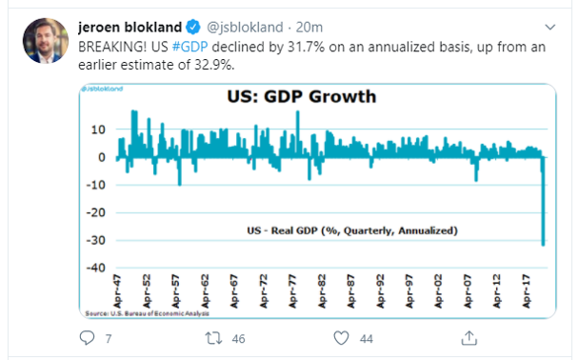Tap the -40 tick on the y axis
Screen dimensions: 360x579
[96, 267]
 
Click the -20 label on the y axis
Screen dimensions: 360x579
[96, 211]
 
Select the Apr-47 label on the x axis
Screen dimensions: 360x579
[117, 290]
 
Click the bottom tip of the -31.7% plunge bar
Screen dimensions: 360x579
[545, 244]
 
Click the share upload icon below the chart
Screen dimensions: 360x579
[469, 337]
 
